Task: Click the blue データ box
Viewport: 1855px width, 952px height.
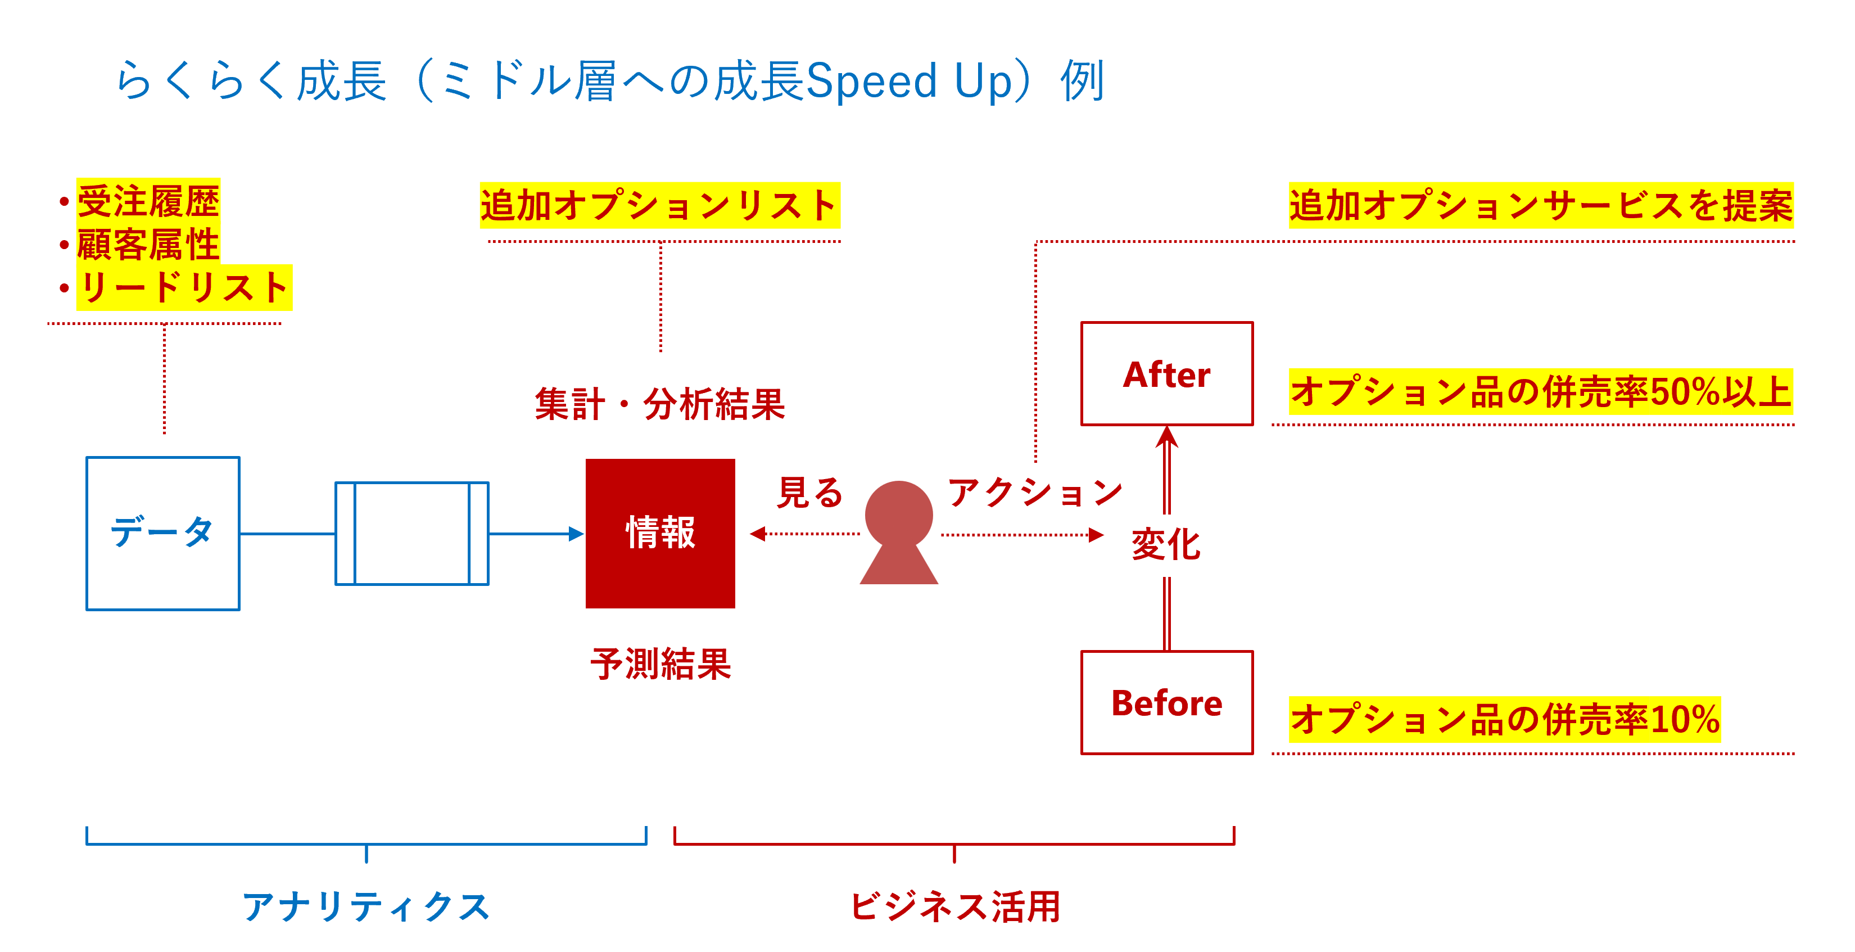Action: [163, 533]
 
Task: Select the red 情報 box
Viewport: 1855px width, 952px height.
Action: [660, 533]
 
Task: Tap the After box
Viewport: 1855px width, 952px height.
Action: [1166, 374]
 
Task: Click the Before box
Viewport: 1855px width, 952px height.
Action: [1166, 703]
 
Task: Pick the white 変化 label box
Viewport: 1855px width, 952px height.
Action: [1166, 545]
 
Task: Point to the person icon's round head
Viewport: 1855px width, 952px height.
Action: [899, 514]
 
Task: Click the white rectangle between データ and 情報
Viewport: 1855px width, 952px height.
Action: [412, 533]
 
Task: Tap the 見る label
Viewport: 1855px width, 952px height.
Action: [810, 493]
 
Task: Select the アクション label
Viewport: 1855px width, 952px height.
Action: [1035, 493]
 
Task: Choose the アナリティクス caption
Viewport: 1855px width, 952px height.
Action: [366, 906]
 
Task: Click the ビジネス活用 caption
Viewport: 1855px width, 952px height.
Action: [955, 906]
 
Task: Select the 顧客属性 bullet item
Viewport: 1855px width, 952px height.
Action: [148, 244]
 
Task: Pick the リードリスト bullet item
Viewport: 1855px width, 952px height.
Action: [184, 287]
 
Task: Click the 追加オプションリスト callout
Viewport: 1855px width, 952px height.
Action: [659, 205]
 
